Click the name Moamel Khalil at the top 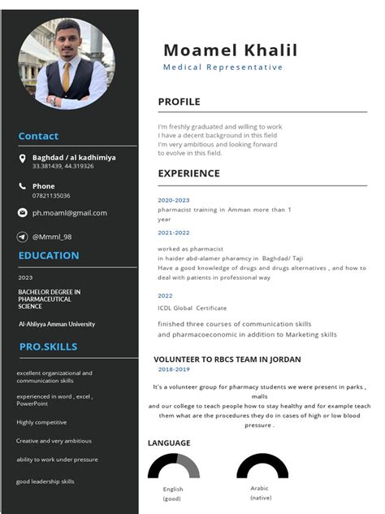(x=230, y=50)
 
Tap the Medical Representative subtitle (x=223, y=68)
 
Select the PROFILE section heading (x=179, y=102)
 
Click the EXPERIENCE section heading (x=188, y=173)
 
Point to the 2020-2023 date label (x=173, y=200)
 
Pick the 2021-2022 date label (x=173, y=233)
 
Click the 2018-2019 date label (x=174, y=369)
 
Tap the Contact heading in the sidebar (x=38, y=137)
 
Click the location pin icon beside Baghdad (x=23, y=159)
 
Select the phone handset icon (x=23, y=186)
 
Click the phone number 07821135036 (x=51, y=196)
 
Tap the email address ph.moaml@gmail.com (x=70, y=213)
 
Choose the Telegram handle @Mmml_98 (x=52, y=237)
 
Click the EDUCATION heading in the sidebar (x=49, y=255)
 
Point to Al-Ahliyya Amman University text (x=57, y=324)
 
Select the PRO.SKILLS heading (x=49, y=347)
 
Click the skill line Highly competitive (x=41, y=422)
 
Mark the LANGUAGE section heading (x=169, y=443)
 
